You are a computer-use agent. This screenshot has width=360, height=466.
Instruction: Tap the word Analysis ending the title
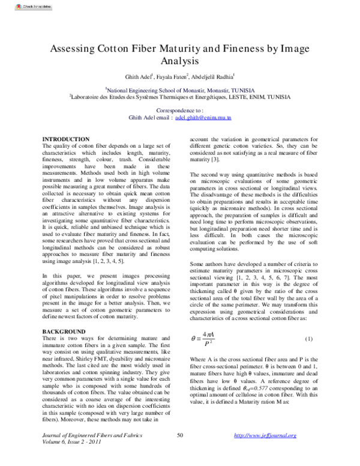click(179, 61)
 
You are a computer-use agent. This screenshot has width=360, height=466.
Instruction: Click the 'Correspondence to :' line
click(179, 111)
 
